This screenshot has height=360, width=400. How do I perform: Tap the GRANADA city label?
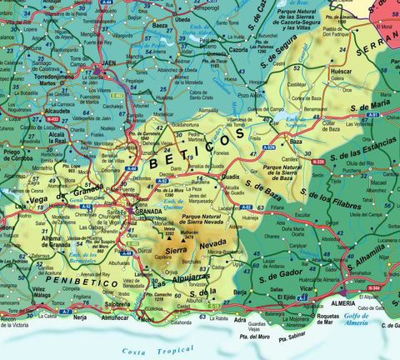147,212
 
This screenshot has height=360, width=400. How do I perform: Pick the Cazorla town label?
239,50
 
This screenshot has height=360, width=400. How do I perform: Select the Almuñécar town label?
115,318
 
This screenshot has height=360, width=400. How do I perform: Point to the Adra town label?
241,319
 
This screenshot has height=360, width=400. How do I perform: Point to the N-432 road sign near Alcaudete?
53,119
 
